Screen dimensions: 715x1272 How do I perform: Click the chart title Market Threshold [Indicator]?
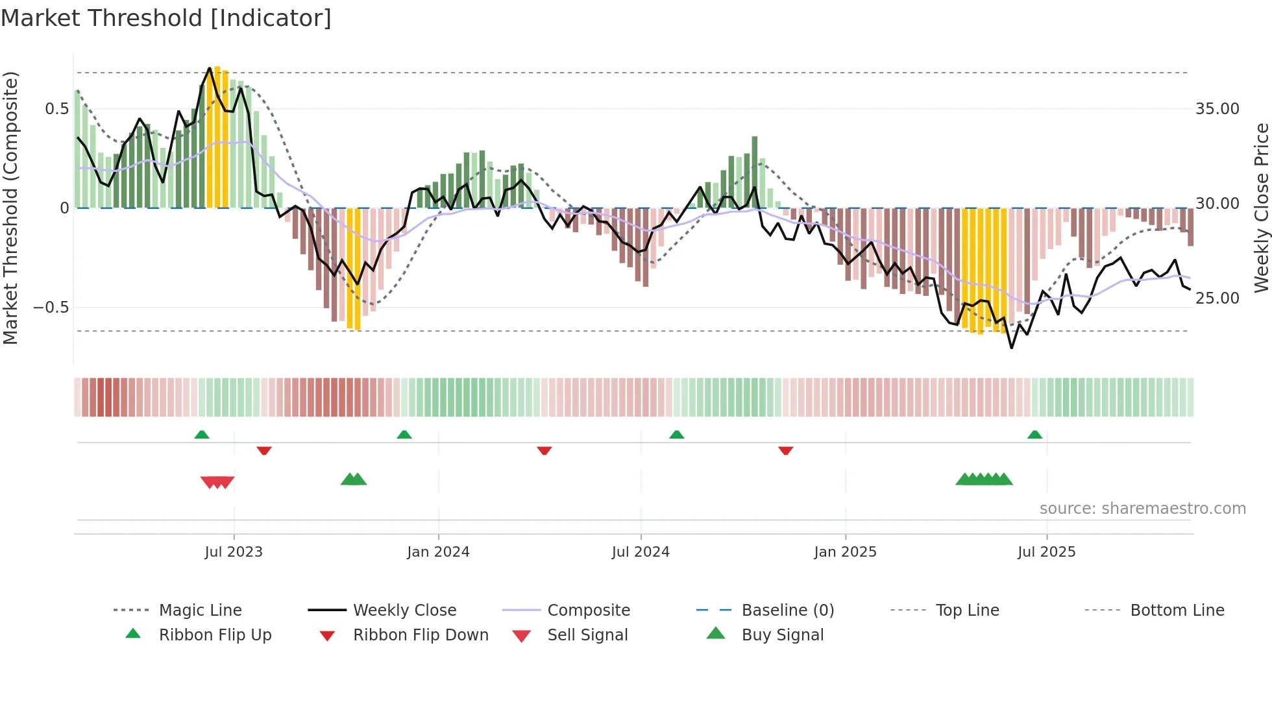coord(166,18)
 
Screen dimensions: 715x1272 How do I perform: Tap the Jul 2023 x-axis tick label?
coord(234,552)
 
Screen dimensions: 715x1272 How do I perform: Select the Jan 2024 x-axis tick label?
coord(438,552)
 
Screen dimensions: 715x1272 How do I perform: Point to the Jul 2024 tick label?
coord(641,552)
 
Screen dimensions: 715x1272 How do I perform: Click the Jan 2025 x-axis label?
coord(845,552)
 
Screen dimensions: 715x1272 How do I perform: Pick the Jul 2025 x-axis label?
coord(1046,552)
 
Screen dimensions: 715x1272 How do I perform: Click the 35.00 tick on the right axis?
coord(1217,109)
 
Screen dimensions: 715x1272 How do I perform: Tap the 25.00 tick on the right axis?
coord(1217,298)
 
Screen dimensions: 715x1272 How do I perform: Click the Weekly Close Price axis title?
coord(1261,208)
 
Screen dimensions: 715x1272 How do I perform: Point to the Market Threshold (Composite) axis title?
coord(10,208)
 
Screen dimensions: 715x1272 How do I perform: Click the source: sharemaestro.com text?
coord(1142,509)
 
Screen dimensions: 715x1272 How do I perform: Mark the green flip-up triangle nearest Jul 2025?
coord(1034,435)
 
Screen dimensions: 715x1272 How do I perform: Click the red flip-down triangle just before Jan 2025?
coord(785,450)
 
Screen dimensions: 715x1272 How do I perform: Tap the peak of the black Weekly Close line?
coord(210,68)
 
